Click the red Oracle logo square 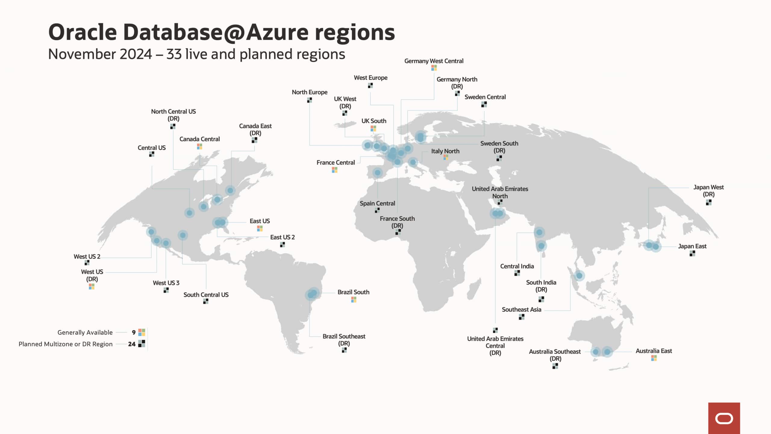[724, 418]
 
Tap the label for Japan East [692, 246]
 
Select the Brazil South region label [353, 292]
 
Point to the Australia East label [654, 351]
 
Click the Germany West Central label [433, 61]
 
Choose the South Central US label [206, 295]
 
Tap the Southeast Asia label [521, 309]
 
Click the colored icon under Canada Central [199, 147]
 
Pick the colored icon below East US [260, 229]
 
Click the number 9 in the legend [133, 332]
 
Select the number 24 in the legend [132, 344]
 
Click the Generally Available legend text [85, 332]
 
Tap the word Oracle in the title [83, 32]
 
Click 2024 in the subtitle [136, 54]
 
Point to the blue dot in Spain [377, 173]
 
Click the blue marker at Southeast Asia [579, 276]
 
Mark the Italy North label [445, 151]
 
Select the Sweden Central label [485, 97]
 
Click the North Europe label [309, 92]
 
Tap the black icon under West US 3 [166, 290]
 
